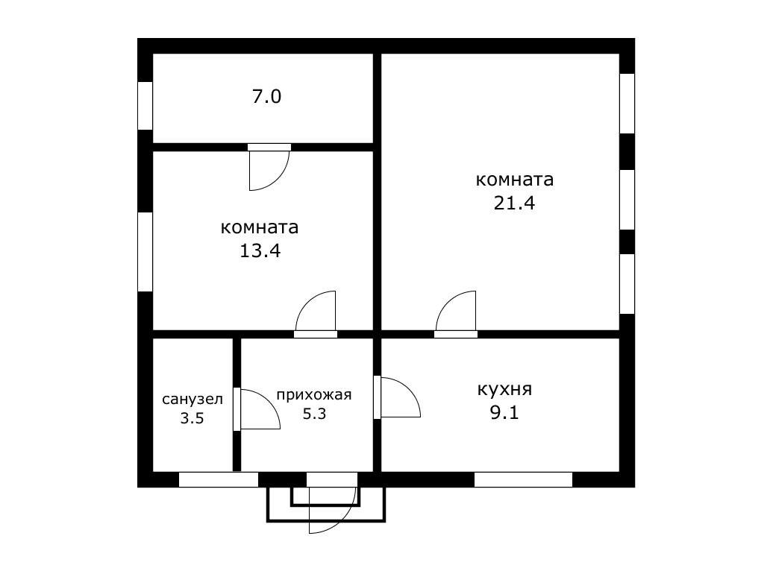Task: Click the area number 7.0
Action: point(266,96)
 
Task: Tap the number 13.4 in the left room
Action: point(260,250)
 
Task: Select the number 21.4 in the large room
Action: point(515,203)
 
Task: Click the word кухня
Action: point(504,389)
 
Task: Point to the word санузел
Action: point(193,399)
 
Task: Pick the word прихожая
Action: point(313,394)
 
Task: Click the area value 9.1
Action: point(504,412)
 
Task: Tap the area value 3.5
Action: point(192,418)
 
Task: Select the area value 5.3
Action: point(314,414)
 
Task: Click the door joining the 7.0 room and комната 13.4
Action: point(269,166)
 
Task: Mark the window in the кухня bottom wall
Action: point(523,479)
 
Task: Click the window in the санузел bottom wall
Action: point(218,479)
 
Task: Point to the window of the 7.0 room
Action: point(145,106)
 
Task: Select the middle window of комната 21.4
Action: point(627,199)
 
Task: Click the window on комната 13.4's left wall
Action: point(145,252)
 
